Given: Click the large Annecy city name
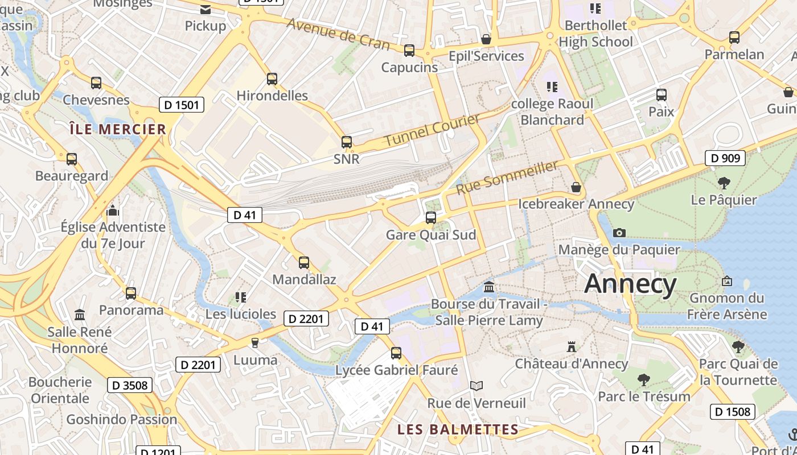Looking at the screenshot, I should (630, 283).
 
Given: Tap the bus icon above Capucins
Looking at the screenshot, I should (409, 51).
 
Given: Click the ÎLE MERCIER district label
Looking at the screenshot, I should (118, 129).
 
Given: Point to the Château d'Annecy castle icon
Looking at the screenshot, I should (571, 346).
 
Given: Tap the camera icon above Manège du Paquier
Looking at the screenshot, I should (619, 233).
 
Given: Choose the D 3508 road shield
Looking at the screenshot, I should (130, 385).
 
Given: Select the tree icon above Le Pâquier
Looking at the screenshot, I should (724, 183).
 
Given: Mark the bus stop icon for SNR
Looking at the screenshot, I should (346, 142).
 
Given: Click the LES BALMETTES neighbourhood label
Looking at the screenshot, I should (458, 429).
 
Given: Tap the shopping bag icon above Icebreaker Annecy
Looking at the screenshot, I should (576, 187).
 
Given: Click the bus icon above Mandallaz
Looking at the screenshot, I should (304, 263).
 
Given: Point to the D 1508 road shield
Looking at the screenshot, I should (733, 411).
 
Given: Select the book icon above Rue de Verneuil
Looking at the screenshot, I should (476, 386).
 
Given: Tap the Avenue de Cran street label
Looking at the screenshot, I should (338, 34).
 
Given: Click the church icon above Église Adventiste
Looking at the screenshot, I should (113, 211).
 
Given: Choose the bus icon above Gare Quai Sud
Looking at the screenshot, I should (431, 218).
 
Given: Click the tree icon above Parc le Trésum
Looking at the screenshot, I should (644, 379).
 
